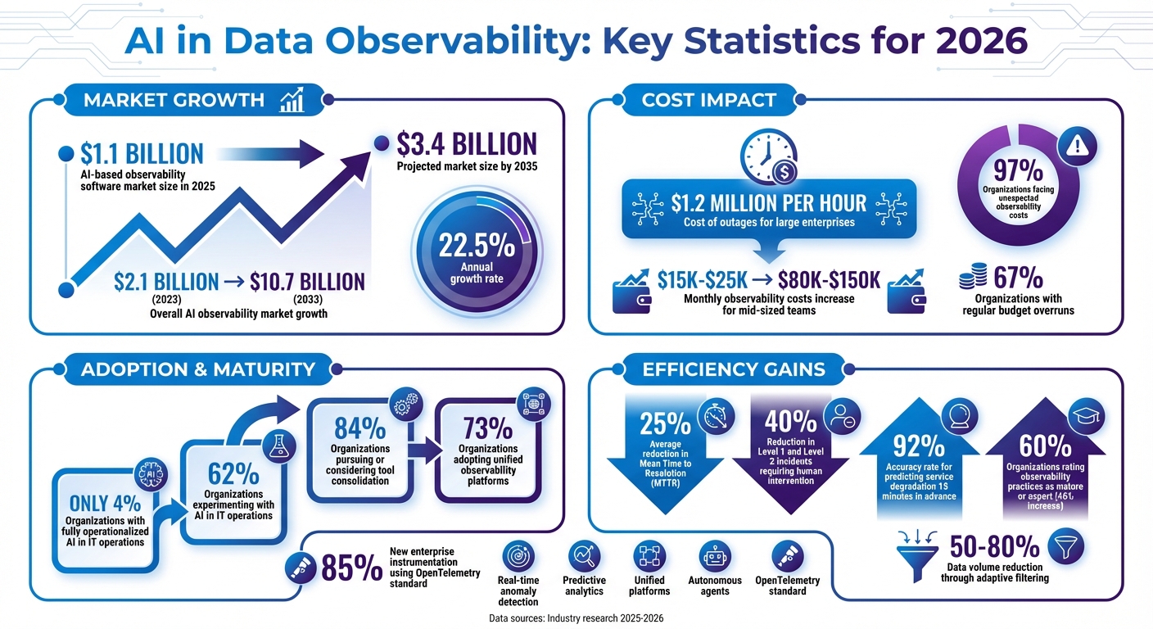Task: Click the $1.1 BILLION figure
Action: pyautogui.click(x=142, y=154)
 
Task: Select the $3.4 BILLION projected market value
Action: pyautogui.click(x=467, y=144)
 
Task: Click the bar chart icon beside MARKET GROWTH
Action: pyautogui.click(x=292, y=100)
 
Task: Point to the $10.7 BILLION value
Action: pyautogui.click(x=307, y=282)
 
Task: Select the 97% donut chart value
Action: pyautogui.click(x=1017, y=170)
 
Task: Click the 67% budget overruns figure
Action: pyautogui.click(x=1018, y=278)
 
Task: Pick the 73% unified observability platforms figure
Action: pyautogui.click(x=488, y=428)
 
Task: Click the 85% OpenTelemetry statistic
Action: pyautogui.click(x=351, y=567)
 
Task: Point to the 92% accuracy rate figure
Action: pyautogui.click(x=920, y=446)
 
